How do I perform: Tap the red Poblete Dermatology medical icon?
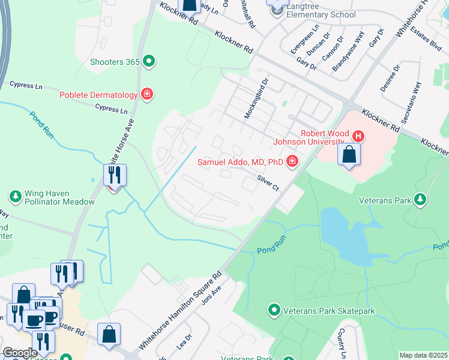click(146, 94)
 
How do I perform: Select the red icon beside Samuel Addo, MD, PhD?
click(292, 161)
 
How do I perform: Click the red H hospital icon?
click(358, 136)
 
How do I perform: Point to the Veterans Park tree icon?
click(420, 199)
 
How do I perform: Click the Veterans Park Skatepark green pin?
click(274, 310)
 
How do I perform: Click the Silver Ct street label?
click(268, 182)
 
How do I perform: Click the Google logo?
click(20, 353)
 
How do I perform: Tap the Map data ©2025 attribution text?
click(423, 355)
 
